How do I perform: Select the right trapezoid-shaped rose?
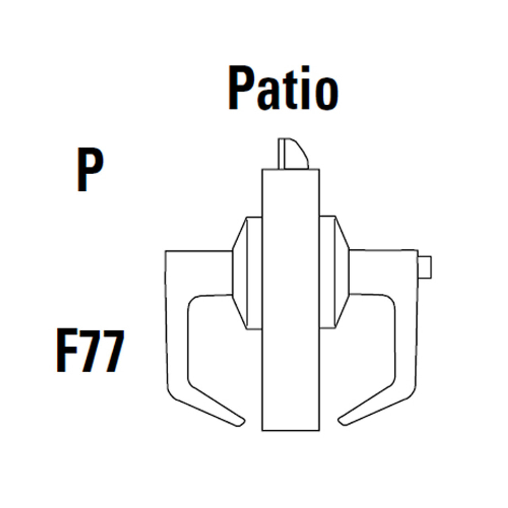342,273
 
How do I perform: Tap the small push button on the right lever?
425,267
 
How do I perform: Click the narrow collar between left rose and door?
254,273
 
